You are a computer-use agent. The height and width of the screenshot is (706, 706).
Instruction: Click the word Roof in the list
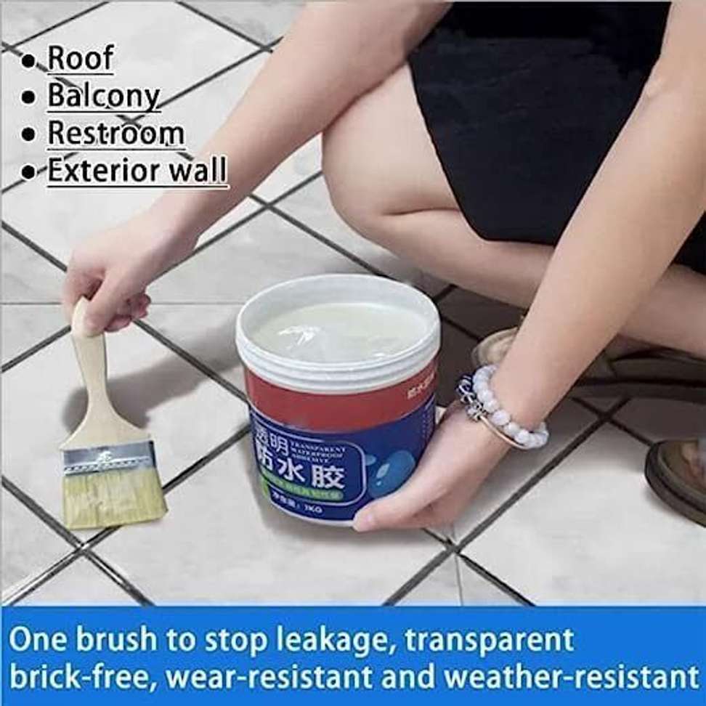(x=80, y=58)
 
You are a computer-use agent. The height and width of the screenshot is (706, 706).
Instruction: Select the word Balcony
(x=103, y=96)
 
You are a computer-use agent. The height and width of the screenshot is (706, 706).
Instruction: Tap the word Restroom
(x=115, y=134)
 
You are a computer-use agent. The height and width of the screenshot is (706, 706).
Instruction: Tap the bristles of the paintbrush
(x=114, y=498)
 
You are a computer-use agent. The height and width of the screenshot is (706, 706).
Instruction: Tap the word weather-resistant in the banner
(x=571, y=677)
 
